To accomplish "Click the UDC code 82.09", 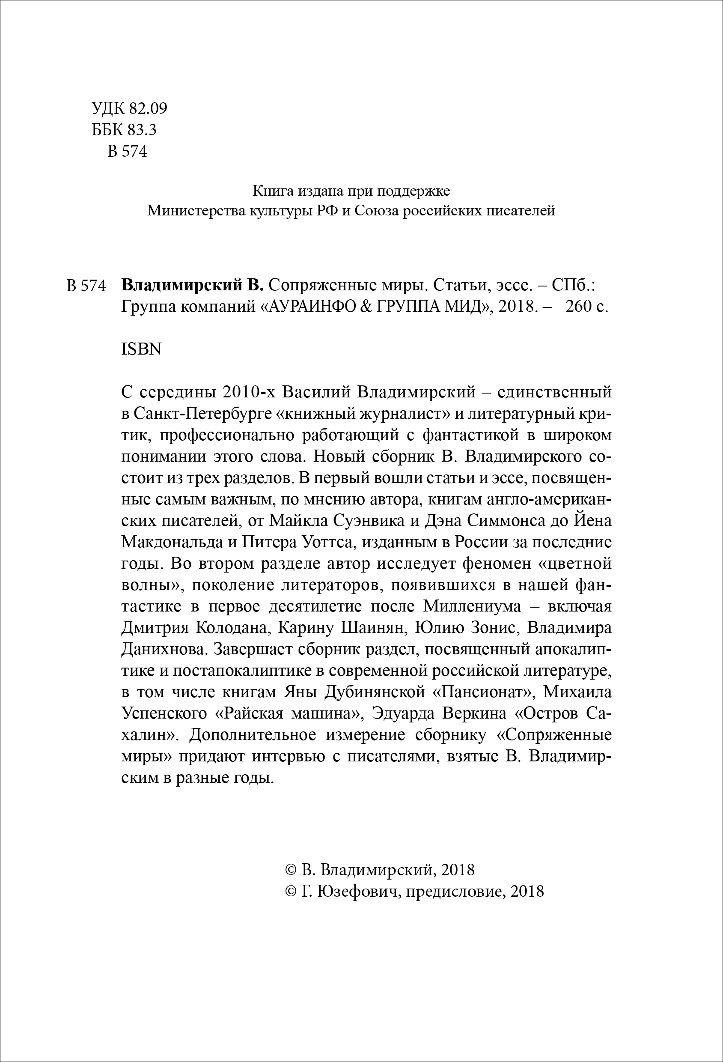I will [149, 108].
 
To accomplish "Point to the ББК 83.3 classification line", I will [124, 130].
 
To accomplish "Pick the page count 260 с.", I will [587, 306].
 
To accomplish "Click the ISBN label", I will [142, 349].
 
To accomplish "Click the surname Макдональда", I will [174, 543].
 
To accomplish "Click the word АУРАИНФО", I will [314, 306].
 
